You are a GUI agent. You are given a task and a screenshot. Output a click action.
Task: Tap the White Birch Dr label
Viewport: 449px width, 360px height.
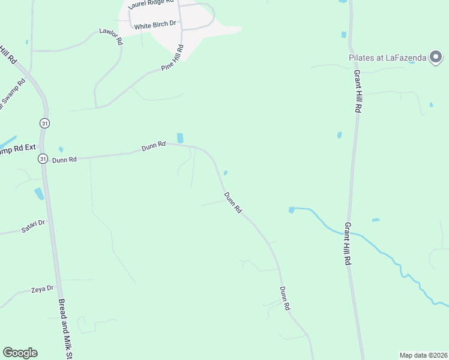[x=155, y=26]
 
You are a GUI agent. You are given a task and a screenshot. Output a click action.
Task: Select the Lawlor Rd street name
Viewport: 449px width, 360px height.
[x=110, y=37]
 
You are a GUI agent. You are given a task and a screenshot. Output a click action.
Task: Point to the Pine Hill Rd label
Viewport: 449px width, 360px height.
[x=172, y=58]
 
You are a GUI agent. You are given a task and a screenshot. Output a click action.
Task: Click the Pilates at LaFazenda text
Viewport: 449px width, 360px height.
[x=388, y=58]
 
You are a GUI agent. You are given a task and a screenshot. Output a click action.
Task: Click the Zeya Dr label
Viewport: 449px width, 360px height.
[x=42, y=290]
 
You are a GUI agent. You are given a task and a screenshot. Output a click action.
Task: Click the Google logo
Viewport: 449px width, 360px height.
[x=20, y=353]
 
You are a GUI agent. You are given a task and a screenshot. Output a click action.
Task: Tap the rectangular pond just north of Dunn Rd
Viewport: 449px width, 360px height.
[x=180, y=138]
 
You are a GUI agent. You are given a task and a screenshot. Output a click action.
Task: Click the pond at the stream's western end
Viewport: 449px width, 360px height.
[x=292, y=210]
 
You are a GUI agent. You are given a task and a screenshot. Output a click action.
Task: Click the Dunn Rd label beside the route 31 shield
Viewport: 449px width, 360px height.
[x=64, y=160]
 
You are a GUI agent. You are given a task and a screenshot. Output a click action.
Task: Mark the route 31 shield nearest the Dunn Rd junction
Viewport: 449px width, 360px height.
[x=43, y=159]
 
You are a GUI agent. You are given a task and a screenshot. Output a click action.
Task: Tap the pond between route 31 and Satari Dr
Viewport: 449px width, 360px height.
[x=39, y=193]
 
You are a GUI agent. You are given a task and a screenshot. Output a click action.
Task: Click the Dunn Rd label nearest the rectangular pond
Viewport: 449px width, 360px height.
[x=153, y=146]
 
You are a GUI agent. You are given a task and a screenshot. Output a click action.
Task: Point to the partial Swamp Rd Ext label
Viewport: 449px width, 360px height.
[x=19, y=150]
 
